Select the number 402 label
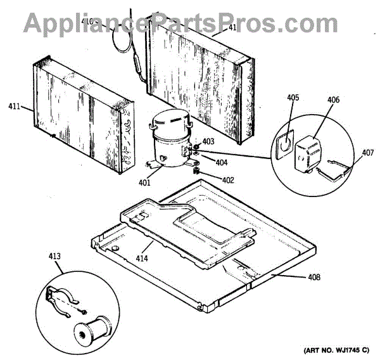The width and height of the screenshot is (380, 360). click(x=227, y=179)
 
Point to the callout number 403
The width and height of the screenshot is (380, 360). click(x=208, y=141)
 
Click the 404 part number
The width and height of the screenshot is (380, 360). click(x=222, y=162)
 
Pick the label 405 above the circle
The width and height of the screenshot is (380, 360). click(x=293, y=98)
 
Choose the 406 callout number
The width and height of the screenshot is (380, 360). click(x=333, y=100)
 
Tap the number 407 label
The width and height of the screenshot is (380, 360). click(x=367, y=152)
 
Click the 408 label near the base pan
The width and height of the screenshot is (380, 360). click(x=315, y=277)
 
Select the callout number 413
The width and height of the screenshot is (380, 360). click(x=54, y=256)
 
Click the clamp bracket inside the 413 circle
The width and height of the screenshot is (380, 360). click(x=61, y=298)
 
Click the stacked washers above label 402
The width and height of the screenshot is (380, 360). click(x=196, y=169)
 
